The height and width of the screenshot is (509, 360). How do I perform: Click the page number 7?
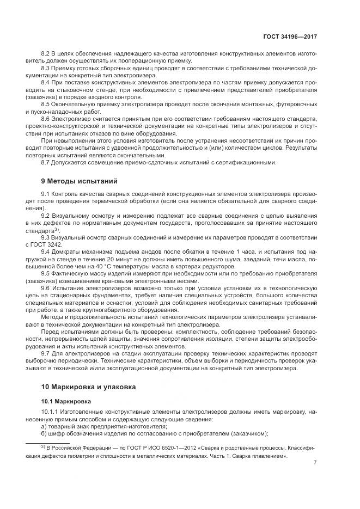click(315, 463)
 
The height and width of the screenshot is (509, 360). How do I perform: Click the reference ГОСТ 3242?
click(56, 244)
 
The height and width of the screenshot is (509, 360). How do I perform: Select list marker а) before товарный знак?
click(44, 426)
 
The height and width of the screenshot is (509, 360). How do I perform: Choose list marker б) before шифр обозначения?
click(44, 433)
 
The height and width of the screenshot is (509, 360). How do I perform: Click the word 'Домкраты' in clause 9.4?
click(67, 251)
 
